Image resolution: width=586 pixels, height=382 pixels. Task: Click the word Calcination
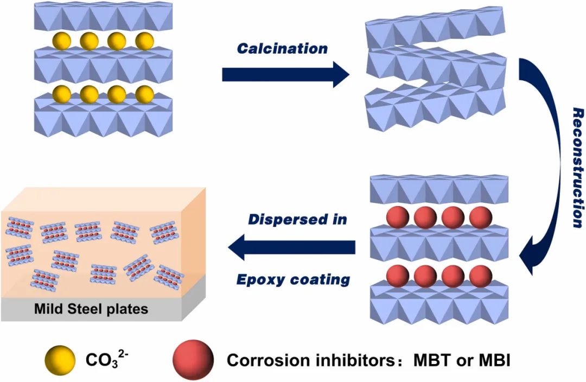point(282,48)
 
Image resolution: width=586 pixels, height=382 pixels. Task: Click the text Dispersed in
point(297,220)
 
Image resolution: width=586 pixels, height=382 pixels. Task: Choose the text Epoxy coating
point(293,279)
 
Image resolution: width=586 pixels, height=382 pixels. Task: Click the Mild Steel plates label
point(91,310)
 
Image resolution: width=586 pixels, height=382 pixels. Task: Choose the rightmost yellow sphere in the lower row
point(144,94)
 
